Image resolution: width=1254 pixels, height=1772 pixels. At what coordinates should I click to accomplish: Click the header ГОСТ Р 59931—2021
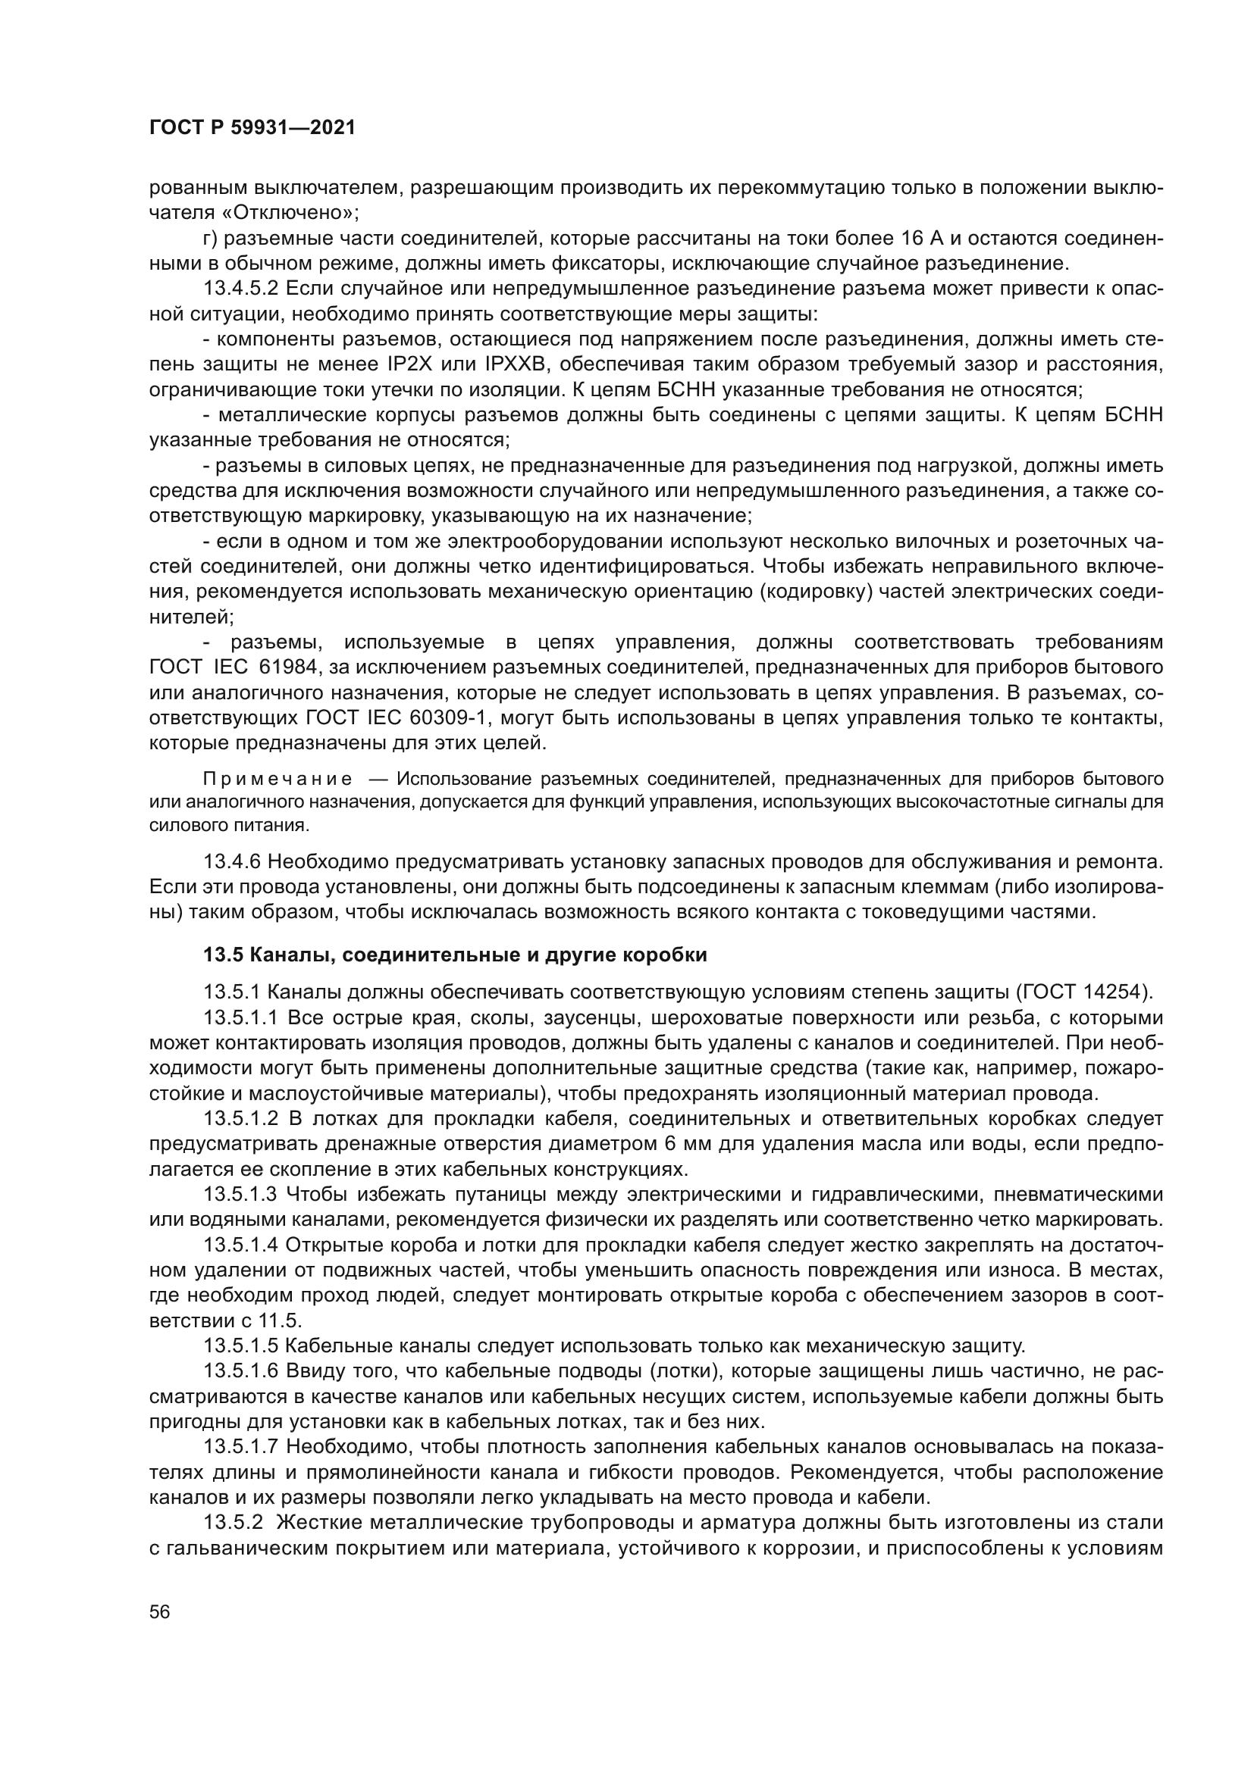coord(252,128)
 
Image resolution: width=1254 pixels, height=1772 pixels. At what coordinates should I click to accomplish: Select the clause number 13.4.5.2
coord(241,289)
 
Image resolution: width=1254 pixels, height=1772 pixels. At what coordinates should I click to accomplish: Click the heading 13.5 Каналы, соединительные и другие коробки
coord(455,955)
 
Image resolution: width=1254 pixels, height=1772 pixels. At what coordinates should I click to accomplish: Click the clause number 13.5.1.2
coord(241,1119)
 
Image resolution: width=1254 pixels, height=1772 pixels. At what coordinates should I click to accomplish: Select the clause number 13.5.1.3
coord(241,1195)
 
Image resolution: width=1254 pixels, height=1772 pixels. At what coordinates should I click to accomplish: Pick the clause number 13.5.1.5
coord(241,1347)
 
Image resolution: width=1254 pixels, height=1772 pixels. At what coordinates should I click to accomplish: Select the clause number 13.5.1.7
coord(241,1447)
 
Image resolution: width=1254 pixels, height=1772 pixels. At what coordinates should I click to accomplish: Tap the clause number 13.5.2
coord(231,1523)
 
